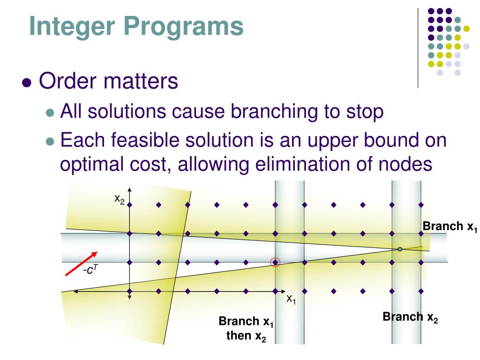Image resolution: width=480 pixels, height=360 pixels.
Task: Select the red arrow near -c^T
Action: [81, 264]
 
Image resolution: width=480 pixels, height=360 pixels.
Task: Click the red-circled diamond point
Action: [276, 262]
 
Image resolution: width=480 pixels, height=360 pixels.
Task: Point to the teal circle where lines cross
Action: [400, 249]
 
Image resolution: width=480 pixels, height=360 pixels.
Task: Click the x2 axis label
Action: [120, 199]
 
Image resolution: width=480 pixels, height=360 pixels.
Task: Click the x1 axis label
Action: [291, 299]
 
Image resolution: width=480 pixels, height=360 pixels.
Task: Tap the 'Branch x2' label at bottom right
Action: [410, 317]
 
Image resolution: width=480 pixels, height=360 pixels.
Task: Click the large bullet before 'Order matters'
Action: [27, 82]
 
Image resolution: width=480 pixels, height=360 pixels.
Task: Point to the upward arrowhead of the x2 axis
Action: [129, 190]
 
